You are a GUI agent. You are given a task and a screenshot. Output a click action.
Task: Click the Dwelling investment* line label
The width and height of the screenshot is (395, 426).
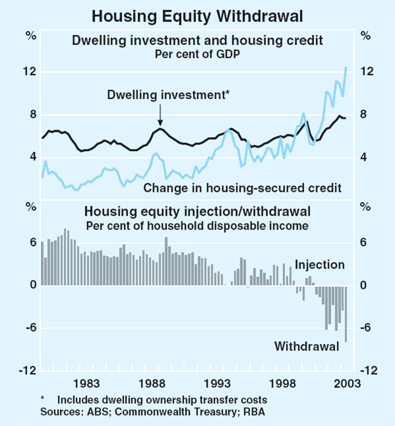(x=169, y=95)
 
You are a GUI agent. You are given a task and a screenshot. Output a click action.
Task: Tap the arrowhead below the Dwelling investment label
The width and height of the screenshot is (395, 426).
(x=161, y=123)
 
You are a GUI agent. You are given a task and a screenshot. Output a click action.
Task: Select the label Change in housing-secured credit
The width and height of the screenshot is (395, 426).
(x=242, y=188)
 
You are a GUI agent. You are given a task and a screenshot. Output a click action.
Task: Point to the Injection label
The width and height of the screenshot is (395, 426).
(x=319, y=264)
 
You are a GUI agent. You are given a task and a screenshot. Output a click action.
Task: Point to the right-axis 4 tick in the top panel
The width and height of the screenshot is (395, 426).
(x=365, y=157)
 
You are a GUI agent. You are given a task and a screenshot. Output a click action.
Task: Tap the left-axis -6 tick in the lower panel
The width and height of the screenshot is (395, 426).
(x=28, y=328)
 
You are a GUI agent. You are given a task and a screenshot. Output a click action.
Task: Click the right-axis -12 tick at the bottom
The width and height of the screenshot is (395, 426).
(x=368, y=371)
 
